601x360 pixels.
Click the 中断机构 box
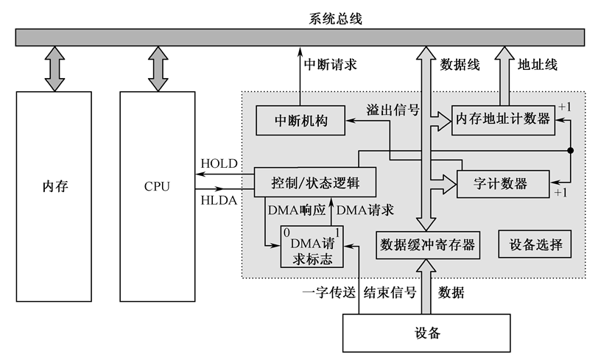(x=300, y=120)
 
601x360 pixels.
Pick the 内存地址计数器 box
(x=502, y=118)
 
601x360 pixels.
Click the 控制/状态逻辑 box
(x=314, y=182)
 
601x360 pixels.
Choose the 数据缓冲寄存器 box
(x=427, y=244)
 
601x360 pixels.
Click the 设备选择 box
(x=535, y=244)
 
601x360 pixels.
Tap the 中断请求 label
(x=330, y=64)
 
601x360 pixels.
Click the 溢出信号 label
(x=393, y=110)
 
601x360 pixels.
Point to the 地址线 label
(x=537, y=64)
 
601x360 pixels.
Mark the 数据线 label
(x=460, y=64)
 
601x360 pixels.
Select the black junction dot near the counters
(x=569, y=150)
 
